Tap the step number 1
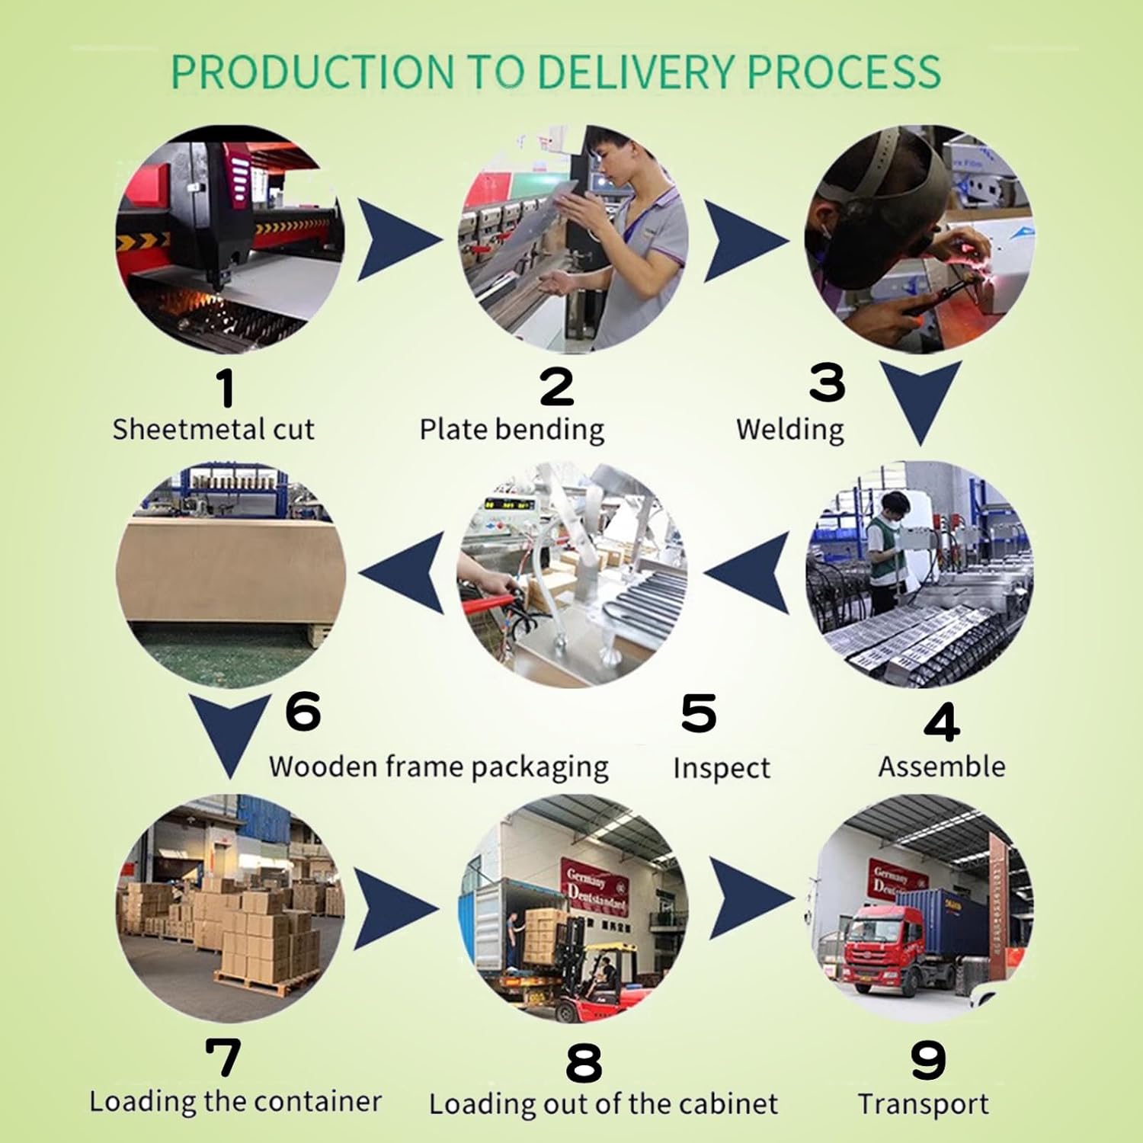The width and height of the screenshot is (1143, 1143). pos(225,387)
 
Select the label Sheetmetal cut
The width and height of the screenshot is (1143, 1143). pos(213,429)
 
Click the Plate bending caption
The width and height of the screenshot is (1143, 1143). pos(511,430)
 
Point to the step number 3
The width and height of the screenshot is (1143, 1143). pos(827,383)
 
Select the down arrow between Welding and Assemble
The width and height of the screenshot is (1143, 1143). pos(920,400)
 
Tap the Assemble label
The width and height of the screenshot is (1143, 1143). pos(941,767)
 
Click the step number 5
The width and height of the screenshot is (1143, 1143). pos(699,713)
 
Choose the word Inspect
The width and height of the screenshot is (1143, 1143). pos(721,768)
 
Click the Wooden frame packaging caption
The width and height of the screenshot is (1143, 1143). pos(438,767)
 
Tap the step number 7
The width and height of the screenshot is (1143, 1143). pos(223,1058)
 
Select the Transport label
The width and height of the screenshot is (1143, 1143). pos(923,1104)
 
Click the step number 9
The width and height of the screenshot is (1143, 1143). pos(927,1061)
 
